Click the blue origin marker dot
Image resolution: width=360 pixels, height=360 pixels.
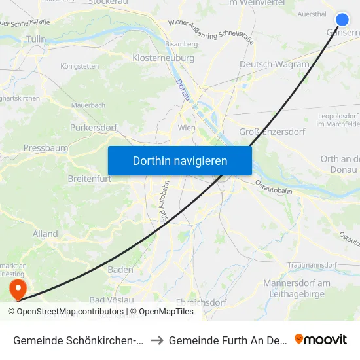342,20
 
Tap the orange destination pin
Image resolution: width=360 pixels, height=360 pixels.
16,287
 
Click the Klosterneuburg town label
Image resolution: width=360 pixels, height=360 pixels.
164,58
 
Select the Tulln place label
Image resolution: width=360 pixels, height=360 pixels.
35,39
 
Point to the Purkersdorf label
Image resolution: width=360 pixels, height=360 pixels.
92,127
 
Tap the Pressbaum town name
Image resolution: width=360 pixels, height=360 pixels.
46,148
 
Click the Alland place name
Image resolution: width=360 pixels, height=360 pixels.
45,234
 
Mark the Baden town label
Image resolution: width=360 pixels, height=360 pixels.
120,270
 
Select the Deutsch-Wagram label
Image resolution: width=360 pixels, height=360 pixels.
274,64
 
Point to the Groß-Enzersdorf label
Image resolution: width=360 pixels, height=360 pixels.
272,132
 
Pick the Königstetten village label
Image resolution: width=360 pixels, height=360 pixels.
79,66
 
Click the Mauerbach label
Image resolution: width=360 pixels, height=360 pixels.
88,105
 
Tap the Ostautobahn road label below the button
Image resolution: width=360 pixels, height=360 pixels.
273,187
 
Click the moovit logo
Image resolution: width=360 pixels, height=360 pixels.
321,339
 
